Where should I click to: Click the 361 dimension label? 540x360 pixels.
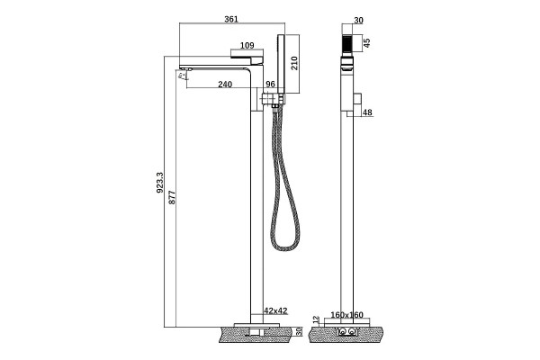231,19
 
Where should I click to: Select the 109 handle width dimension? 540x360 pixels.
247,46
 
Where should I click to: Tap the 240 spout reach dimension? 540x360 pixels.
225,85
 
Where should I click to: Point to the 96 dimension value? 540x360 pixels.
271,85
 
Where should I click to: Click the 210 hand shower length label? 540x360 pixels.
294,63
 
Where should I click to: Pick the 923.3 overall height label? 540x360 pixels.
160,183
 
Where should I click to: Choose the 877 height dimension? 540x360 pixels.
172,197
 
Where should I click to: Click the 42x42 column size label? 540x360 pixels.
275,310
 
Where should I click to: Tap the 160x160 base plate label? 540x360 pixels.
346,315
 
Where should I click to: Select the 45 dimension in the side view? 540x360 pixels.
367,43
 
